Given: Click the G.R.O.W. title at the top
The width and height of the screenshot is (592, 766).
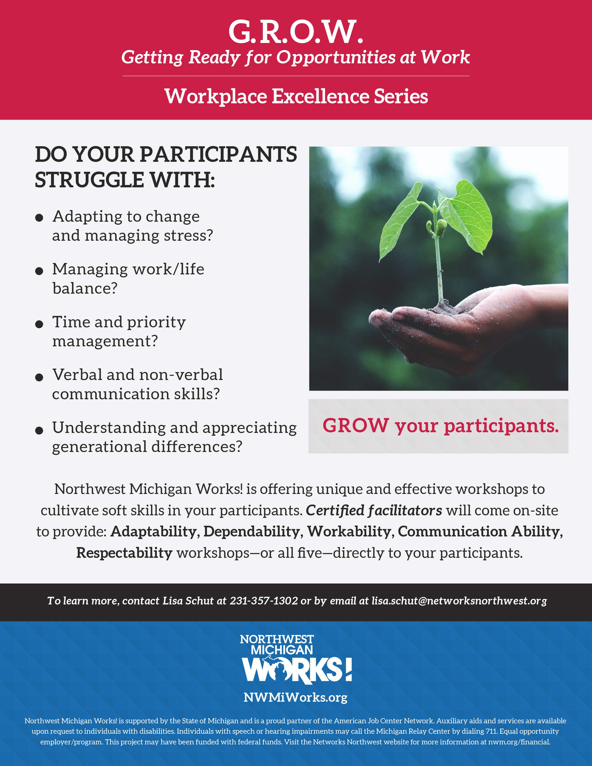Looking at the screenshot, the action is [296, 32].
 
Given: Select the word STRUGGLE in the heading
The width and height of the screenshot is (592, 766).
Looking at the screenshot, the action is [89, 180].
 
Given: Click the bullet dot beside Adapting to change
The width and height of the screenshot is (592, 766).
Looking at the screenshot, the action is [39, 218].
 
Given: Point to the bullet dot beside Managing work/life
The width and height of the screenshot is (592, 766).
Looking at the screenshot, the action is [39, 271].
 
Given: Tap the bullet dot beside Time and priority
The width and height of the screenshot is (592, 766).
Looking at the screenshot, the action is [39, 324].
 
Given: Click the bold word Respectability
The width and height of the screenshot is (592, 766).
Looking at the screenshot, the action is [124, 553].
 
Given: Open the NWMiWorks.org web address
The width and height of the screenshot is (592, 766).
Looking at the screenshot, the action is [296, 697].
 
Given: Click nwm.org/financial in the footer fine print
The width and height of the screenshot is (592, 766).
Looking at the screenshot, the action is [519, 742].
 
